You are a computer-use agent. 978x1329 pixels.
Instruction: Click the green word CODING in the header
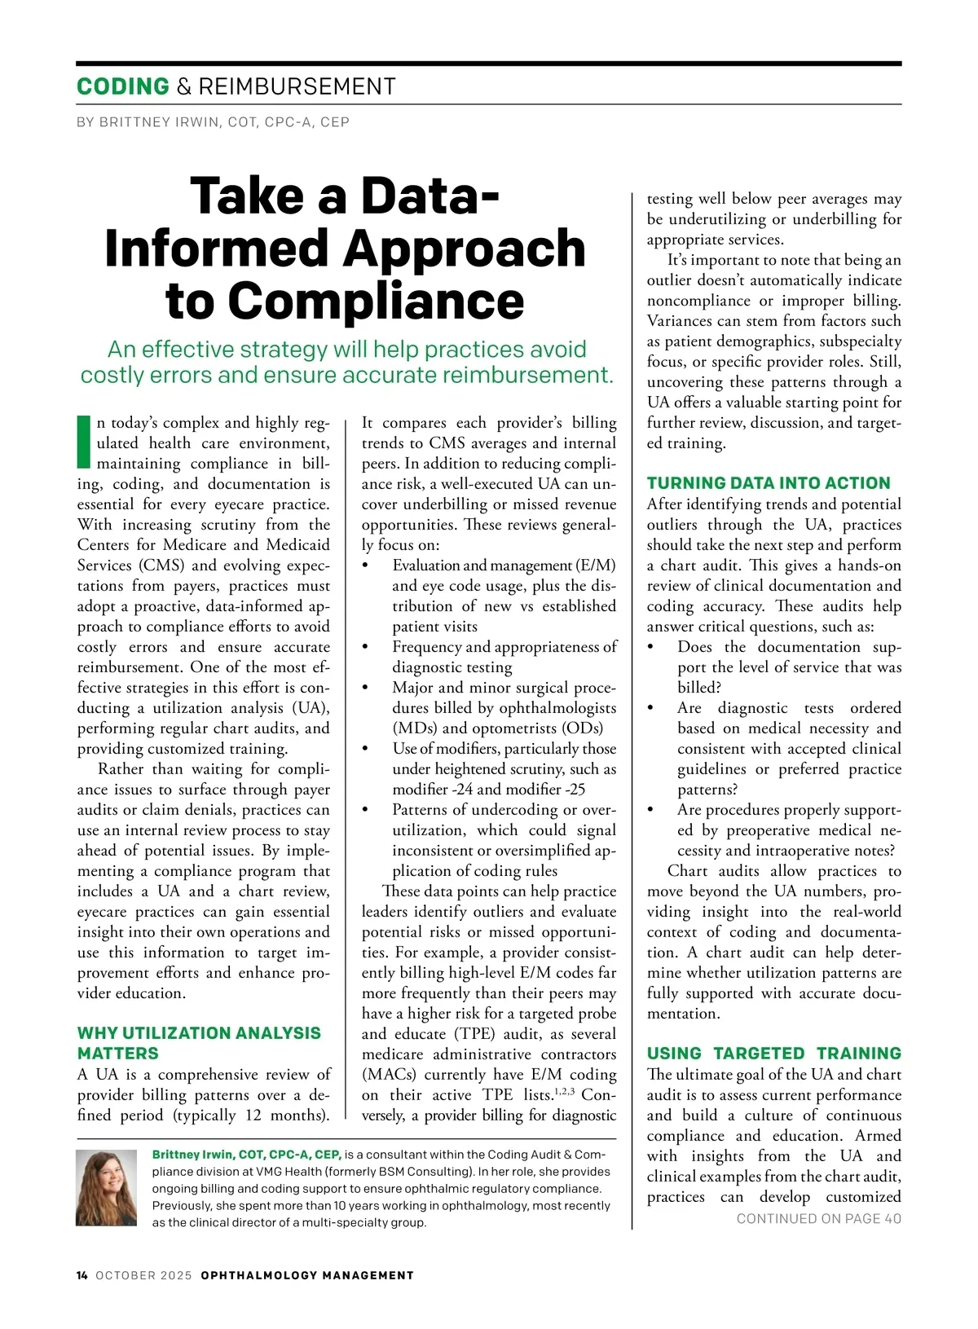123,86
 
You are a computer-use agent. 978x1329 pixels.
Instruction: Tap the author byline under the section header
213,122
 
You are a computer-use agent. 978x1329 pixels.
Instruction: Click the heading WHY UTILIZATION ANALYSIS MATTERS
199,1043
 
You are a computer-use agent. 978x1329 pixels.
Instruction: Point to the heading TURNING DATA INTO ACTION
769,482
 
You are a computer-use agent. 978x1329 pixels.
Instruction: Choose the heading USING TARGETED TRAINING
773,1053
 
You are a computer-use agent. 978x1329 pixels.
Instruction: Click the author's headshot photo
106,1187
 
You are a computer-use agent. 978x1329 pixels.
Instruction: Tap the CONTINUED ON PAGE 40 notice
818,1218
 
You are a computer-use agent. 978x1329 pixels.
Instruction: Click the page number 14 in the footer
82,1275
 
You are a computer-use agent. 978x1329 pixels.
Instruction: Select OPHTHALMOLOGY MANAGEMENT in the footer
307,1275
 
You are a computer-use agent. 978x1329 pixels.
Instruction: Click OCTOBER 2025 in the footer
143,1275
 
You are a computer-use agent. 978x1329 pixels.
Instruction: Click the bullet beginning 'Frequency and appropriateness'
504,657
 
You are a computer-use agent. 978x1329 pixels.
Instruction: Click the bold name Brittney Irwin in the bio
192,1154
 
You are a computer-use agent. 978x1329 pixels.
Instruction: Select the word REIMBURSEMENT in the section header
297,86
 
